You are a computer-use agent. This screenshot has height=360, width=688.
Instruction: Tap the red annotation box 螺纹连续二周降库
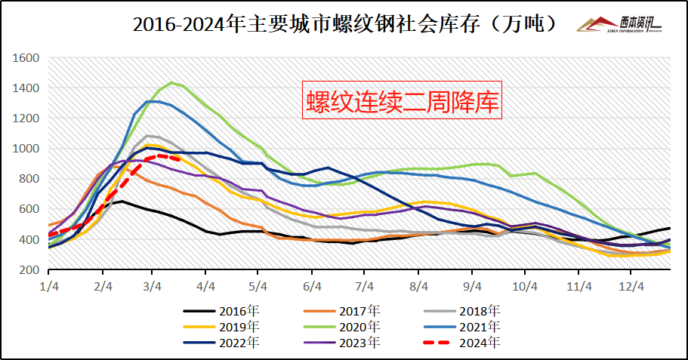tap(403, 100)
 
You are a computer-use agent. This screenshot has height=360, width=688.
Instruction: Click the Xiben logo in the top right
tap(619, 25)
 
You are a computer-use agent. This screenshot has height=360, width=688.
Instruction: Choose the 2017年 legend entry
tap(362, 310)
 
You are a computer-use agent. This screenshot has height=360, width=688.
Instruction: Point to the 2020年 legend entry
tap(362, 326)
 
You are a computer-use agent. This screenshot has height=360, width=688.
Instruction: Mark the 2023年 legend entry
tap(362, 342)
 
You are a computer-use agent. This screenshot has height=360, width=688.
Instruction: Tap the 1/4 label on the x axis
tap(50, 287)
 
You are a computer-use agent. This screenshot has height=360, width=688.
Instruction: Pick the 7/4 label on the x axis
tap(365, 287)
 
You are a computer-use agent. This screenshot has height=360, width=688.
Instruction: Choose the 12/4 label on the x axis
tap(631, 287)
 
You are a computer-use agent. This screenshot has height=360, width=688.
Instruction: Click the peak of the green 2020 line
tap(171, 82)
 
